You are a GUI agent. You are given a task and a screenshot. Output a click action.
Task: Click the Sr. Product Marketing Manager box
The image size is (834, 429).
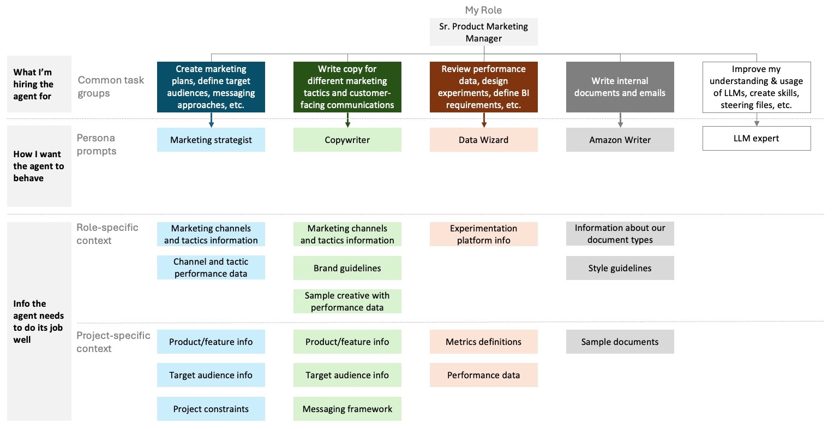483,32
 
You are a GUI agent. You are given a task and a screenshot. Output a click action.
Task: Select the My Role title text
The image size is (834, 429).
483,10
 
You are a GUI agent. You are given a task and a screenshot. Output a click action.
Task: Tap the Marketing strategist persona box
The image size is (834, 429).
211,140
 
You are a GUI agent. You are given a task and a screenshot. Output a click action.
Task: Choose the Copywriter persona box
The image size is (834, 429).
347,140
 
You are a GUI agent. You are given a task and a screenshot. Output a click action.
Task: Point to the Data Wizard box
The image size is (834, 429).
483,140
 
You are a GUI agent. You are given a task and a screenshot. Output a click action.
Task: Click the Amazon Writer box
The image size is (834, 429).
620,140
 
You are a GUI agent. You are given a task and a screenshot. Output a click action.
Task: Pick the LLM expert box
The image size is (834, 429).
756,139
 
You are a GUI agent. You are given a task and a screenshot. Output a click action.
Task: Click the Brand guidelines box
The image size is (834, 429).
347,268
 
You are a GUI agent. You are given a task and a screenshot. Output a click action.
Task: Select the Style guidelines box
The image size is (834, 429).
620,268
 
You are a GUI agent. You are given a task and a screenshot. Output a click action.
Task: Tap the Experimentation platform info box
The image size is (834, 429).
483,234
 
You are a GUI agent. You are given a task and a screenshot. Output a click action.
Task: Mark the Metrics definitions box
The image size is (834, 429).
483,342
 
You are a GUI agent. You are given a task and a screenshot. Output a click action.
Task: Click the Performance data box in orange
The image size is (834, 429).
483,375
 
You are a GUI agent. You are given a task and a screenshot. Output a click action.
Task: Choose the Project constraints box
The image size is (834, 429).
211,409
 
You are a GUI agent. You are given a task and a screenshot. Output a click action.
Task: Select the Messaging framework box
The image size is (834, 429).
347,409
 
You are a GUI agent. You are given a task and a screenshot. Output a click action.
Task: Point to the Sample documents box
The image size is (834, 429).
620,342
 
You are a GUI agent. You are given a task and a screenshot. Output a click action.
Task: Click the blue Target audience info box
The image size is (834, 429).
211,375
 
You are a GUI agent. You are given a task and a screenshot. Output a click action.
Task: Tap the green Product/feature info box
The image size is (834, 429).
347,342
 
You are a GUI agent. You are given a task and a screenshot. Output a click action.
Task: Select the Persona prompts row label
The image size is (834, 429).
96,145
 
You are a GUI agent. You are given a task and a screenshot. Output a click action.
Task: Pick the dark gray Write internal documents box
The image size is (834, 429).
620,87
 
